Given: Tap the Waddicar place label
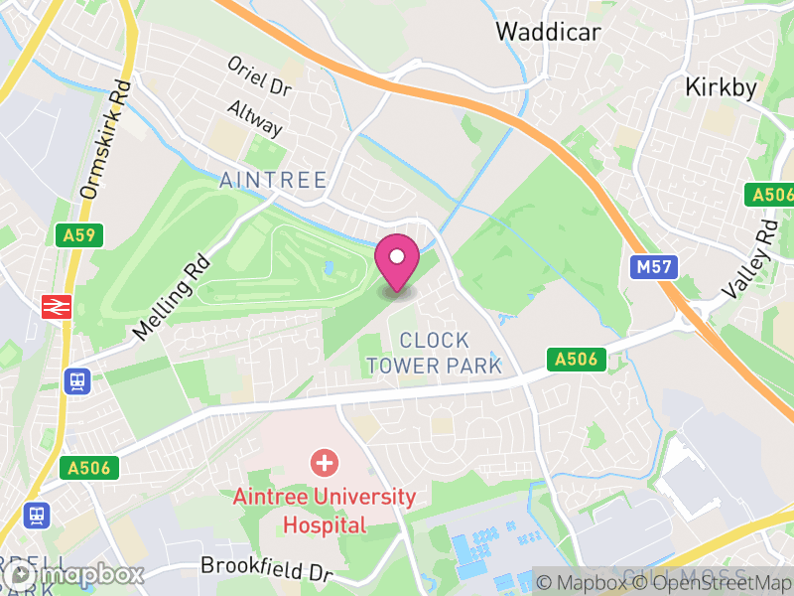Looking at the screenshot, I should [x=548, y=31].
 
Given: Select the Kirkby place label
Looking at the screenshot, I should [x=721, y=87].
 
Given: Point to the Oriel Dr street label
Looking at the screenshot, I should [x=260, y=75].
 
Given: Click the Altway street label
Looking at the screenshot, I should [x=255, y=118].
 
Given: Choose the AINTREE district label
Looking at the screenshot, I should [x=273, y=180].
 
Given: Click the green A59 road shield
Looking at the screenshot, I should [x=70, y=235].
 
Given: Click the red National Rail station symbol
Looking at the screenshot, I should [x=55, y=306].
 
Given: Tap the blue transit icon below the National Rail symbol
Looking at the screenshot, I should [x=76, y=379].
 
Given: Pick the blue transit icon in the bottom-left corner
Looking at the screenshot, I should [x=37, y=516].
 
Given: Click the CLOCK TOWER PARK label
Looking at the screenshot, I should [x=434, y=354].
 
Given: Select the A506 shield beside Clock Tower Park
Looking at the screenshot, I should [x=577, y=359].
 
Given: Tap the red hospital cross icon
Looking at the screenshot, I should [x=324, y=462].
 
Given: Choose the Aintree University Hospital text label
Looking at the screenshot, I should [x=325, y=510].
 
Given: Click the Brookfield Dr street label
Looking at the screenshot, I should [x=266, y=568].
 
